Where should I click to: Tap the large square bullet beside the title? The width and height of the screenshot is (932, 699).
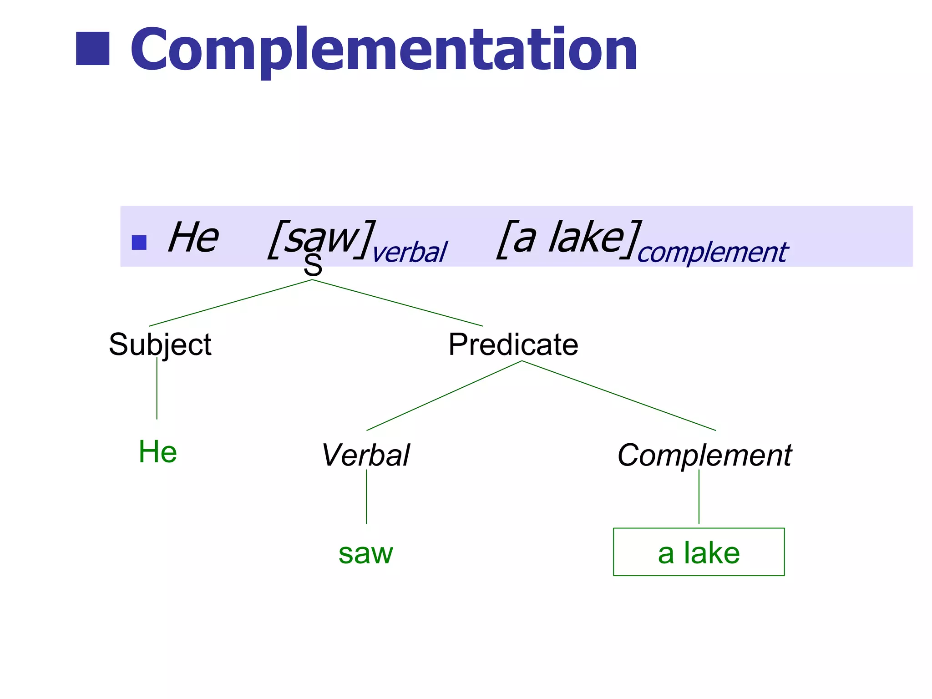[x=92, y=49]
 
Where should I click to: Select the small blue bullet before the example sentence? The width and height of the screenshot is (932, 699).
[x=139, y=243]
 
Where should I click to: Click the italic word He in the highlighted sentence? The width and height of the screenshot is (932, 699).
[x=193, y=237]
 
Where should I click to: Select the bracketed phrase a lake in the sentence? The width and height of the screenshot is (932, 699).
[x=569, y=238]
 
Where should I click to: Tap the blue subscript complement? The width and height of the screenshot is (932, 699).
[x=712, y=253]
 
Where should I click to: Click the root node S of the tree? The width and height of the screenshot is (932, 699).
[x=313, y=266]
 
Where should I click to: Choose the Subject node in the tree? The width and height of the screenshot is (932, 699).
[x=160, y=344]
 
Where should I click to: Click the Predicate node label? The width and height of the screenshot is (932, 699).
[x=513, y=344]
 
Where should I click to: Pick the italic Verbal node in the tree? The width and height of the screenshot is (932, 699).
[x=365, y=455]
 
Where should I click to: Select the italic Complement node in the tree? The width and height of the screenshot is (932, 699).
[x=704, y=455]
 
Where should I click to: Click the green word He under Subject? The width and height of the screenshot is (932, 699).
[x=157, y=452]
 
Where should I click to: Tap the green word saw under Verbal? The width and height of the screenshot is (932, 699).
[x=365, y=553]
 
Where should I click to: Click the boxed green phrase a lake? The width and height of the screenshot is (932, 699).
[x=699, y=552]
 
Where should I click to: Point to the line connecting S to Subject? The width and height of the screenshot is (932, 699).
[x=230, y=303]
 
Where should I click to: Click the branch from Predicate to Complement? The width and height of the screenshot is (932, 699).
[x=619, y=395]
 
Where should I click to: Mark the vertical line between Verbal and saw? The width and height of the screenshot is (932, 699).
[x=366, y=496]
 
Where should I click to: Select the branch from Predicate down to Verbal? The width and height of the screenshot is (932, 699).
[x=444, y=396]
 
